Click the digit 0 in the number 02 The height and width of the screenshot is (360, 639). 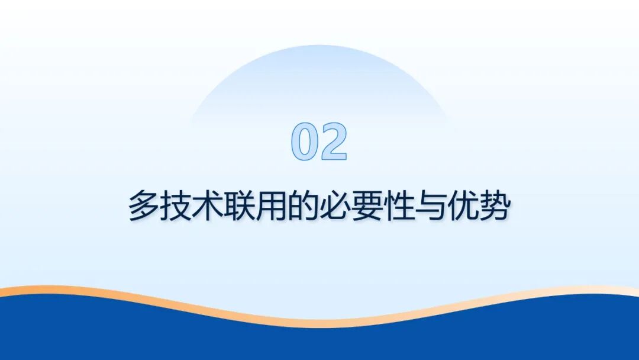[x=305, y=142]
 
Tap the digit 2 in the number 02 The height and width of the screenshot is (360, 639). [x=332, y=142]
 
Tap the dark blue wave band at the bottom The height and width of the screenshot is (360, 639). [x=319, y=343]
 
